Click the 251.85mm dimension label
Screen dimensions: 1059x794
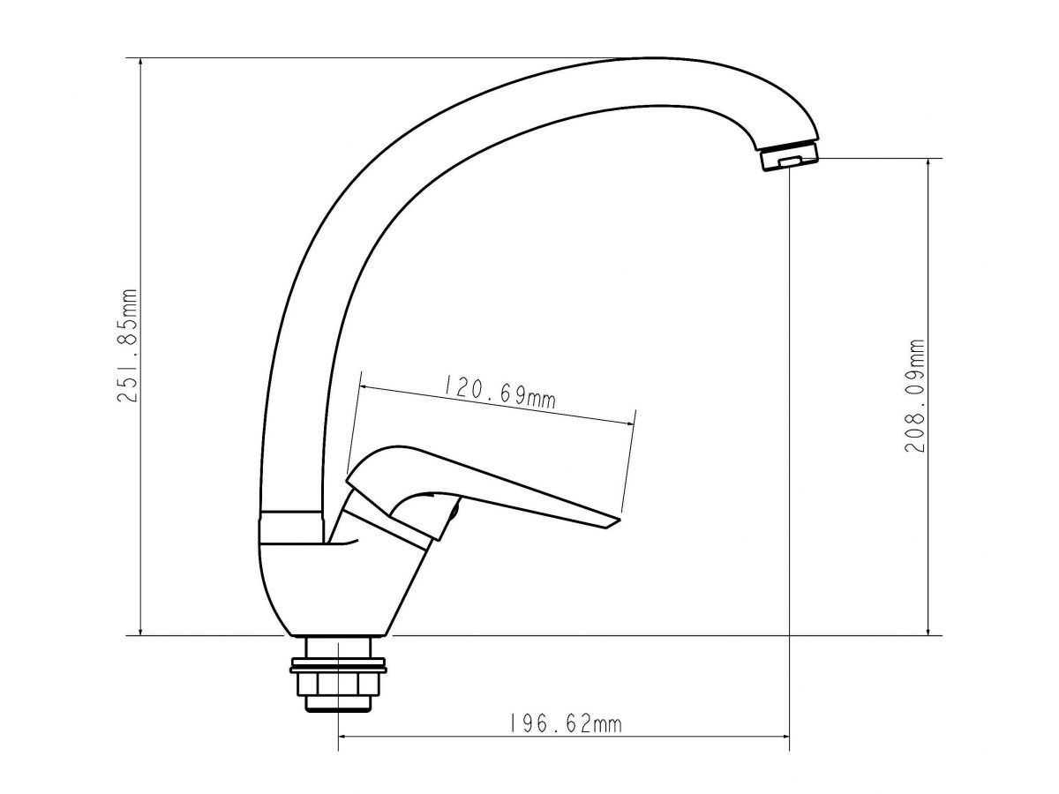(127, 345)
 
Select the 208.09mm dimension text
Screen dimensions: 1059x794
(915, 395)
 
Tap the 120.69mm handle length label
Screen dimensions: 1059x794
(499, 391)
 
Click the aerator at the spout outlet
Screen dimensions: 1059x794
(789, 158)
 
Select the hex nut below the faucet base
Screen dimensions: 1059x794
(338, 684)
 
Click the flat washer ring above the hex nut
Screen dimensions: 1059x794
(338, 669)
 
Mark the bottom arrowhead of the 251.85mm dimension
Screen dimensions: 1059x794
(140, 631)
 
